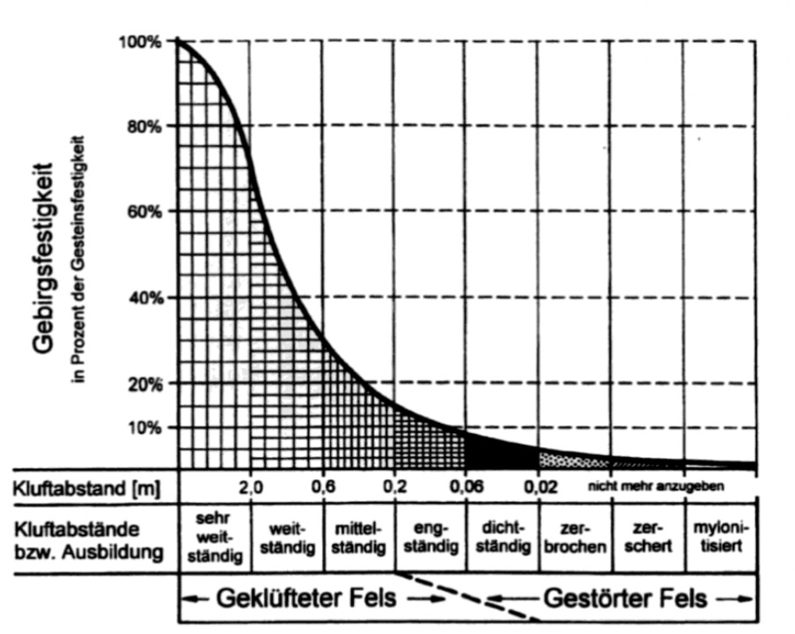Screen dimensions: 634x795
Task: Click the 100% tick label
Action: click(x=140, y=41)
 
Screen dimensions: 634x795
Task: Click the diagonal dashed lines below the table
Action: click(x=467, y=596)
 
